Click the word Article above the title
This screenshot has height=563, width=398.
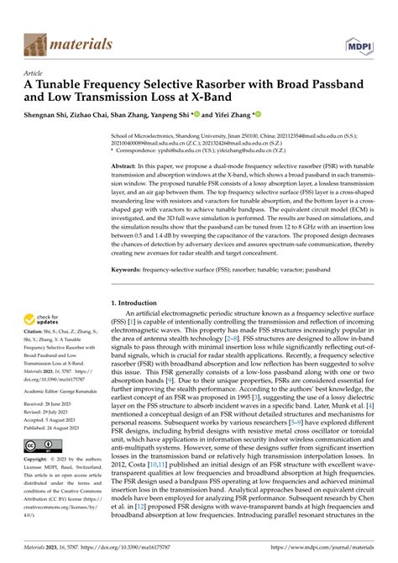coord(35,74)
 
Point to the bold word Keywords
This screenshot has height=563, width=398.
coord(130,269)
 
